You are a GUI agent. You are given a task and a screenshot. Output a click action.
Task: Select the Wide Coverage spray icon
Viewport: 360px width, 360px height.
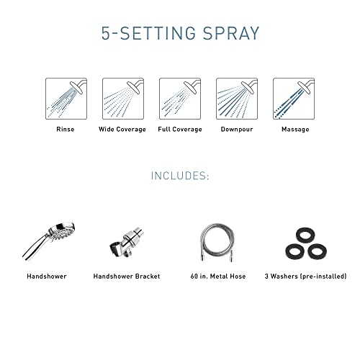pyautogui.click(x=122, y=99)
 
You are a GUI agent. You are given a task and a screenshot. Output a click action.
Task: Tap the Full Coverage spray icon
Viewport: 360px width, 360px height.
pyautogui.click(x=179, y=99)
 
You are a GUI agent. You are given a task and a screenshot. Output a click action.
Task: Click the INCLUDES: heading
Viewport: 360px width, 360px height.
pyautogui.click(x=180, y=175)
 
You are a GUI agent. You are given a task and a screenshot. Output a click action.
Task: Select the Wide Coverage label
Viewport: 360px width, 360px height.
pyautogui.click(x=122, y=130)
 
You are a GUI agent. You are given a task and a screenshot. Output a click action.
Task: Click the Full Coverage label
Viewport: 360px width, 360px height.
pyautogui.click(x=179, y=130)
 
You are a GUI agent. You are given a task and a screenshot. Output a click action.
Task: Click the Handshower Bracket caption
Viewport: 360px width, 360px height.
pyautogui.click(x=127, y=276)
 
